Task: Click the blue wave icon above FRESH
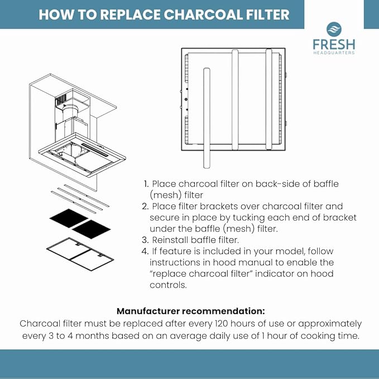333,30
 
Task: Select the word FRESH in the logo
333,44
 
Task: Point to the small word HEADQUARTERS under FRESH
333,53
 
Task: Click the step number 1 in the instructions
146,184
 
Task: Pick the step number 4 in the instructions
145,251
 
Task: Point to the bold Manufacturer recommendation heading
190,311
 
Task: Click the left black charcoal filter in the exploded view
69,218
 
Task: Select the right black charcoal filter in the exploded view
92,229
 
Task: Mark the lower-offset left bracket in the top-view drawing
206,117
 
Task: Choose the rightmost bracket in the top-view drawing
269,99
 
